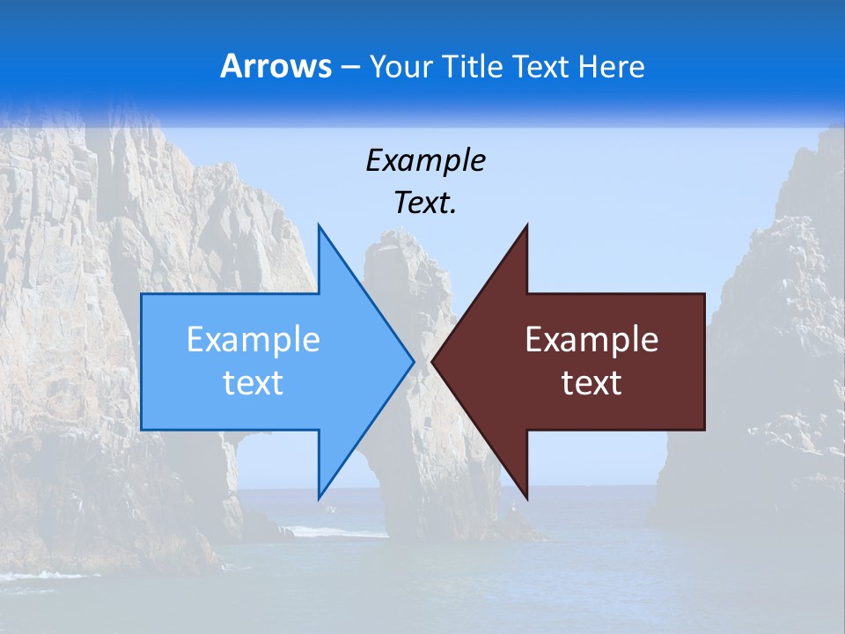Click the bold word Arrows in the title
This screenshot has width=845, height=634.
pos(276,66)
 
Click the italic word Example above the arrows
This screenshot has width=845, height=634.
pos(425,161)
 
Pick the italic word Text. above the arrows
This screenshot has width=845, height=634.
pos(425,203)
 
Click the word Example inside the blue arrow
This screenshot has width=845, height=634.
pos(253,340)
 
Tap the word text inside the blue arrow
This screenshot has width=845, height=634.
pos(253,383)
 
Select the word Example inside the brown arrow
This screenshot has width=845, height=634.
pos(591,340)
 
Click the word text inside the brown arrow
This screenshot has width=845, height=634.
pos(591,383)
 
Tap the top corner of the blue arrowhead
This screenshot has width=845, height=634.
pos(319,227)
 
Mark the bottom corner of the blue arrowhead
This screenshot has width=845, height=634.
pos(319,498)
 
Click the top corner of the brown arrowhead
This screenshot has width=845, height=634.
pos(526,227)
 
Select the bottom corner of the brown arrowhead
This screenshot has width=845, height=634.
pos(526,498)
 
